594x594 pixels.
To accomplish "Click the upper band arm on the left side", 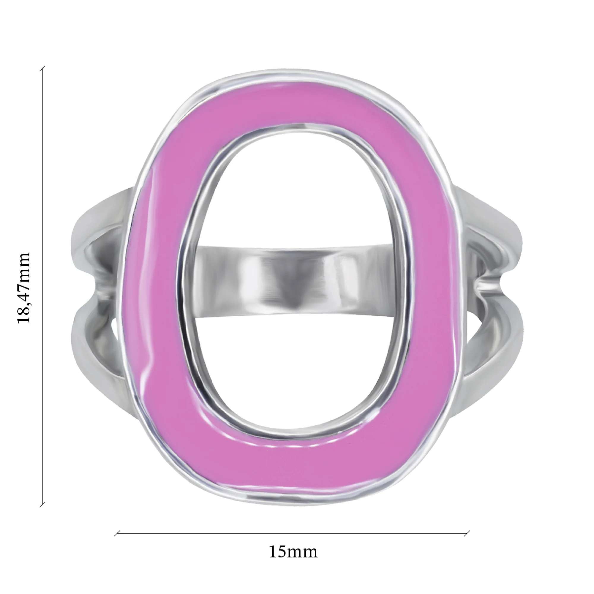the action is pos(102,221).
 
